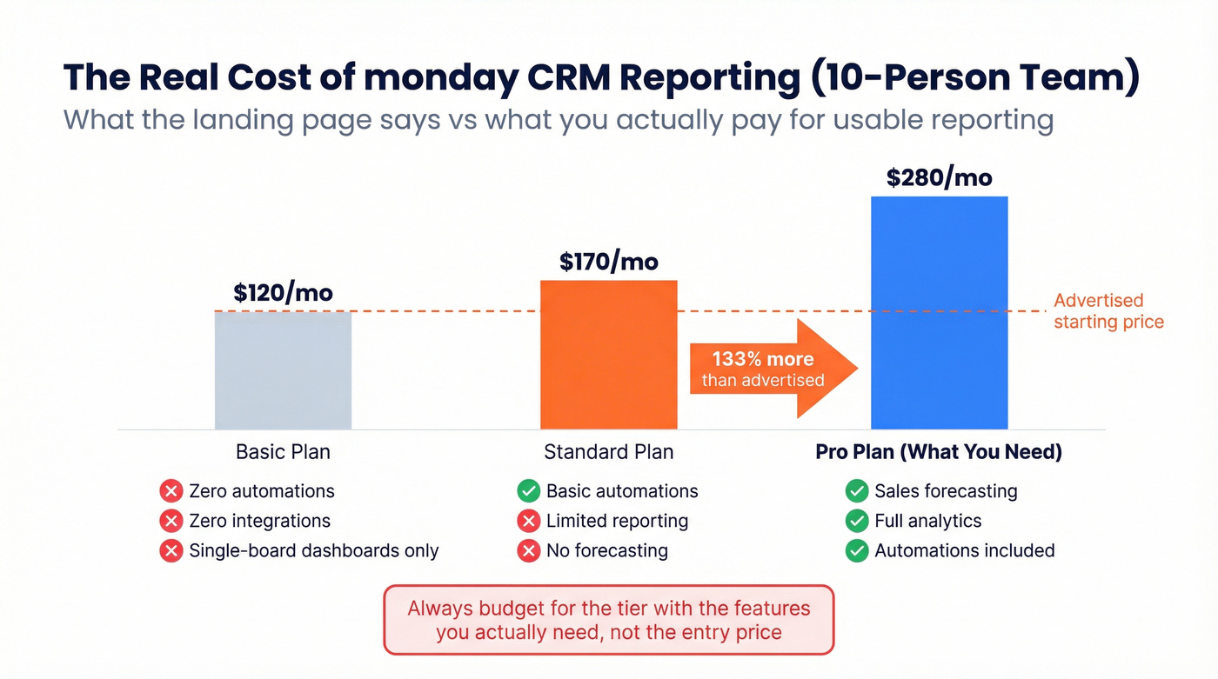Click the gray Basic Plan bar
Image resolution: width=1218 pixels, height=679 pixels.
[x=283, y=369]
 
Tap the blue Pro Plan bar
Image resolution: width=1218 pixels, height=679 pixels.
[x=939, y=312]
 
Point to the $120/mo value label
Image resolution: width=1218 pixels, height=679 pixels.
[x=283, y=292]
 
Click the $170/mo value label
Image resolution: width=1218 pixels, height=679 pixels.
[x=608, y=261]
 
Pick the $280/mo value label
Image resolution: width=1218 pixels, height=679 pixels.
[x=939, y=177]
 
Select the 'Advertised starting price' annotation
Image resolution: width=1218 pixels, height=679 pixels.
[x=1108, y=311]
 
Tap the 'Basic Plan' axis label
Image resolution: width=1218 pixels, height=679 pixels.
[x=283, y=452]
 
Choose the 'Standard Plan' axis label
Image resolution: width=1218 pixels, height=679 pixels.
[x=608, y=452]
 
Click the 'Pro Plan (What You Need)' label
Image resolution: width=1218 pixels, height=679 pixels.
[x=939, y=452]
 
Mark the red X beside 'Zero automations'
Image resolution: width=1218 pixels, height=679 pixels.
[x=171, y=491]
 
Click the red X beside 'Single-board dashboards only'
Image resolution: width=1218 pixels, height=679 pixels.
[x=171, y=550]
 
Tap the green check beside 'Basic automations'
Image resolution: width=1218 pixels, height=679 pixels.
[x=528, y=491]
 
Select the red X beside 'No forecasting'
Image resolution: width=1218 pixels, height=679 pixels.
[x=528, y=550]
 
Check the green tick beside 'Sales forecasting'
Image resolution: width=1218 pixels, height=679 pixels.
[x=857, y=491]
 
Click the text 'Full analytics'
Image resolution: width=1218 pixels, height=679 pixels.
[x=927, y=521]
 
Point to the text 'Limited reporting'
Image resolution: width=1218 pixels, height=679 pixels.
[x=617, y=521]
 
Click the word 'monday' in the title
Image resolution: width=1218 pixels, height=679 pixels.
[x=438, y=77]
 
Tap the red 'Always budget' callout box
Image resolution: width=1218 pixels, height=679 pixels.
[x=608, y=619]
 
